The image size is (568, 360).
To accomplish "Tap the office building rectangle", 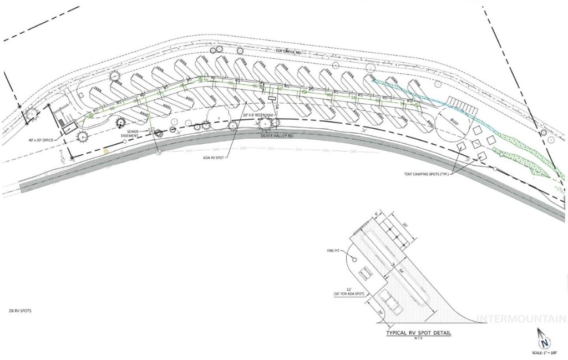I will pos(69,128).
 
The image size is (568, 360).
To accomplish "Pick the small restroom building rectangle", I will pos(272,98).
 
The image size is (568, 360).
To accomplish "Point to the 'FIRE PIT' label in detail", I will pos(334,251).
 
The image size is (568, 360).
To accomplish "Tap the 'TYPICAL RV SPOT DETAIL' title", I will pos(419,334).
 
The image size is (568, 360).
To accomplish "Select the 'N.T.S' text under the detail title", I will pos(419,339).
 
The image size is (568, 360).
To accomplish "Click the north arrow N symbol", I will pos(544,341).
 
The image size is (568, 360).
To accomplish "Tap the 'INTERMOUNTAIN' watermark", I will pos(521,319).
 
